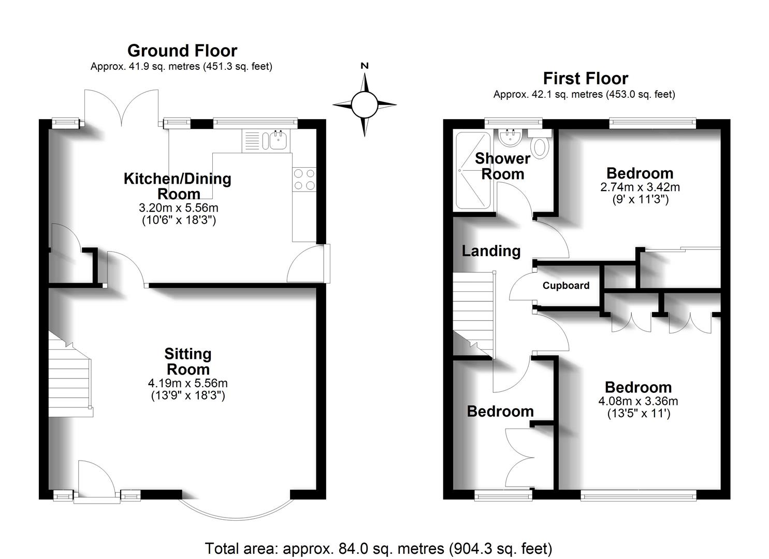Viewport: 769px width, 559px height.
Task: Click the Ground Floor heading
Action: point(182,51)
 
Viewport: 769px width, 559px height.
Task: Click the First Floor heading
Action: point(585,79)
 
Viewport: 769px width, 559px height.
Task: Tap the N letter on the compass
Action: point(365,66)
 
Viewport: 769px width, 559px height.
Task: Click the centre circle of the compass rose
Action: point(365,105)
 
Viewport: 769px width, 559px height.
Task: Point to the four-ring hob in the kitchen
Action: point(304,180)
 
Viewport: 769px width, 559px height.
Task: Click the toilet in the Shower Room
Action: point(541,146)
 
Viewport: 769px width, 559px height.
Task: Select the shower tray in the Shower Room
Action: point(472,171)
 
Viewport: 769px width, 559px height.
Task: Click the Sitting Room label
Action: point(187,361)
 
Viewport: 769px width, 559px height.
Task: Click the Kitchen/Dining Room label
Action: point(178,186)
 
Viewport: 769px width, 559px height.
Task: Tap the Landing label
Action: point(491,251)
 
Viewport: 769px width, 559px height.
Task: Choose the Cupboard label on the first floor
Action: point(565,286)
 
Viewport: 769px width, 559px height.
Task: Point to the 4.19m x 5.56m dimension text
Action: point(187,384)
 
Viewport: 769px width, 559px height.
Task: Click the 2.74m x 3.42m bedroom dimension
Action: point(640,187)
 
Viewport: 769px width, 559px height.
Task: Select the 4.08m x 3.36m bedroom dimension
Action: point(638,401)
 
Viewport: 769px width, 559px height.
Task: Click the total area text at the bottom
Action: point(379,548)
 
